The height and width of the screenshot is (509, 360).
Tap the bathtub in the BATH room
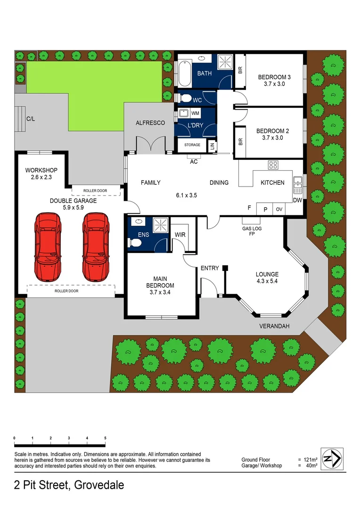(x=184, y=74)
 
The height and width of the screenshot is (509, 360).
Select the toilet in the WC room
(x=185, y=99)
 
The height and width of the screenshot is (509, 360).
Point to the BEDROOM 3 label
(x=274, y=81)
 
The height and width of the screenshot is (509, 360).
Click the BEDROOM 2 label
(x=272, y=134)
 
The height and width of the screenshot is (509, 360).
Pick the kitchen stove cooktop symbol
(x=273, y=165)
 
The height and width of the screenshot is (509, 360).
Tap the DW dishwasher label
(x=297, y=200)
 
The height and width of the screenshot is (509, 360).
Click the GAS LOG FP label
(x=251, y=230)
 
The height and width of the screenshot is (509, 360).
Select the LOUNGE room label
(x=267, y=278)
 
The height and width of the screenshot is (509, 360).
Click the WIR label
(x=180, y=234)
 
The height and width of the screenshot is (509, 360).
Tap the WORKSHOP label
(x=41, y=173)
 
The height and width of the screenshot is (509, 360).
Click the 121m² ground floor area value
(x=311, y=460)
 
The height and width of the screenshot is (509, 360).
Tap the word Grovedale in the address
(x=97, y=485)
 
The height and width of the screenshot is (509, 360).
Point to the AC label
(x=194, y=162)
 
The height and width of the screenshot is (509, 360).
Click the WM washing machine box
(x=195, y=114)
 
